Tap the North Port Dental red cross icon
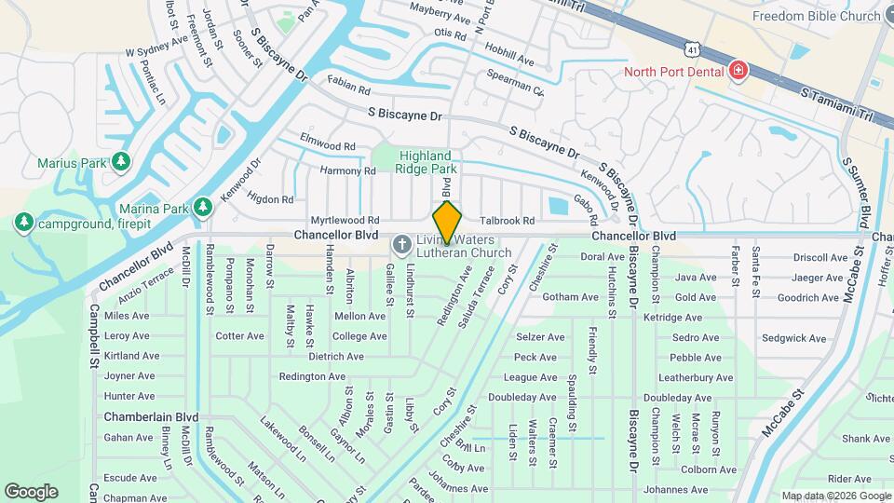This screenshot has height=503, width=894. pyautogui.click(x=738, y=72)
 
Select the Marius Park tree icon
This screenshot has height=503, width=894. pyautogui.click(x=121, y=163)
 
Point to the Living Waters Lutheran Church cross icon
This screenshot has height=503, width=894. pyautogui.click(x=402, y=245)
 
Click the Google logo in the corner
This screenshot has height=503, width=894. pyautogui.click(x=31, y=491)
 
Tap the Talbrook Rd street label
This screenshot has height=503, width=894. pyautogui.click(x=507, y=221)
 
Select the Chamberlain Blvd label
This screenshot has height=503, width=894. pyautogui.click(x=152, y=416)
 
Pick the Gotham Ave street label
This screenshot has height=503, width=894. pyautogui.click(x=569, y=296)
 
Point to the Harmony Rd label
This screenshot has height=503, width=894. pyautogui.click(x=347, y=170)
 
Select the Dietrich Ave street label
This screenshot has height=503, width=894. pyautogui.click(x=335, y=356)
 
